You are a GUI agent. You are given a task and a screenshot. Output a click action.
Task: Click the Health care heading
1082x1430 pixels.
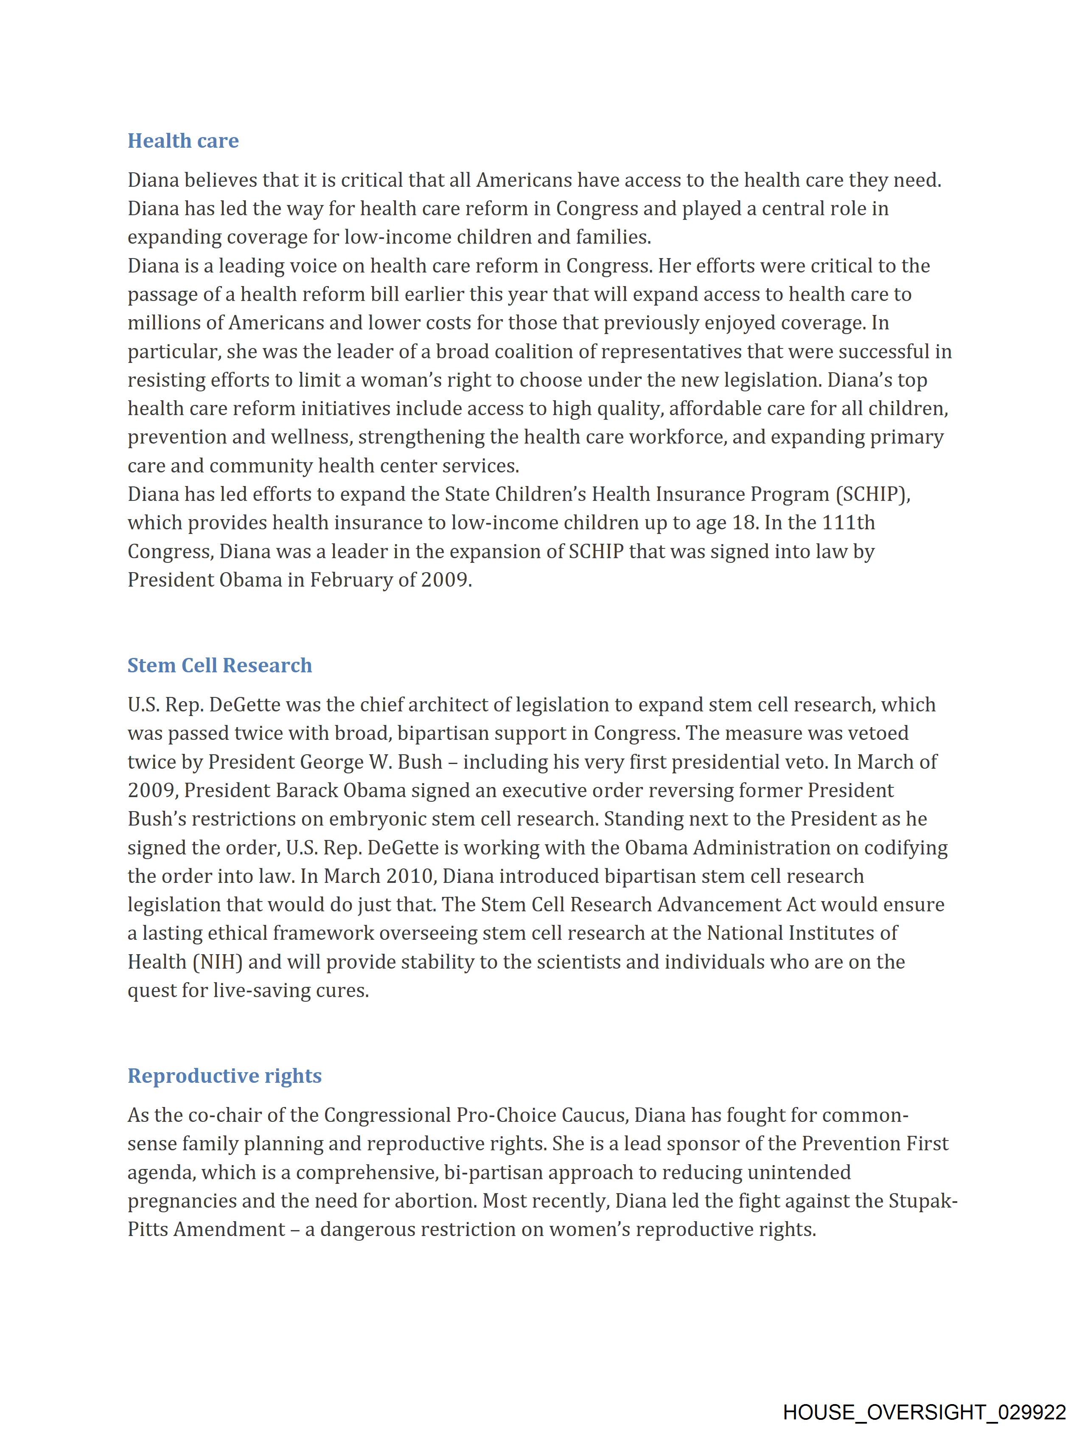click(183, 141)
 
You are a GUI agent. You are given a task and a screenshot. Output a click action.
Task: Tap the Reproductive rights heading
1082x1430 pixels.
click(224, 1076)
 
